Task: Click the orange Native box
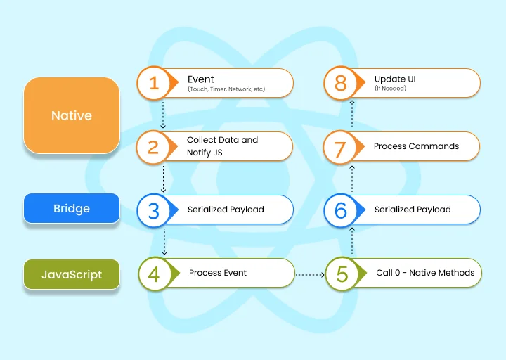72,115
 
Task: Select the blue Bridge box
72,208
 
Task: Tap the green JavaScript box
72,274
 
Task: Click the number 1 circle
154,83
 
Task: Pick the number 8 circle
340,83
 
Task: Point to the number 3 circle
154,210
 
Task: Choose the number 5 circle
342,274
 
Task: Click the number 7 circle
340,147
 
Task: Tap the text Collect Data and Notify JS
222,146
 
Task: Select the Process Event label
218,273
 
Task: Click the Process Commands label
416,146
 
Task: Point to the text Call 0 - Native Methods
425,273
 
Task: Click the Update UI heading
395,79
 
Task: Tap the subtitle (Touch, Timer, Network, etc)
226,89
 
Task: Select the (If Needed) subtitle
391,88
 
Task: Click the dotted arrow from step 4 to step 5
310,275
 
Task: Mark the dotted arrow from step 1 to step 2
163,115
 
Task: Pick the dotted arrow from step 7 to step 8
352,113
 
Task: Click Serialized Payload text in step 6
413,210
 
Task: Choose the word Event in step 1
201,79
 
